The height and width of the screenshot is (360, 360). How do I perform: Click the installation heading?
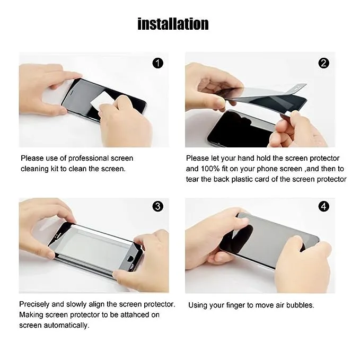click(x=173, y=24)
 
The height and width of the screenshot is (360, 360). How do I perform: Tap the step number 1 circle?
click(x=157, y=63)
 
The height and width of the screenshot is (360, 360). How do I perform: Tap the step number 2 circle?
click(x=324, y=63)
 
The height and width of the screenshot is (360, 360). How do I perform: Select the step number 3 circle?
click(x=157, y=206)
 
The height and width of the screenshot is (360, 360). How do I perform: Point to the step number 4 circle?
click(x=324, y=206)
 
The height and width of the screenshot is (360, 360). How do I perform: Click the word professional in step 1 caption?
click(x=89, y=159)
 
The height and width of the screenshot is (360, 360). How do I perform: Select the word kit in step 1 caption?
click(x=55, y=169)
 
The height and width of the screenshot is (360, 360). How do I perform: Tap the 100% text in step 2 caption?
click(x=210, y=169)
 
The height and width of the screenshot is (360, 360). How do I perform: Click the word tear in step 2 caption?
click(x=192, y=179)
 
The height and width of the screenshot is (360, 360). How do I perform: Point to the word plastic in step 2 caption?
click(x=242, y=179)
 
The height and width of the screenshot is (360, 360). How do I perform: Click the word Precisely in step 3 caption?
click(x=34, y=304)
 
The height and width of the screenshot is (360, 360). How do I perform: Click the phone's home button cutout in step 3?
click(x=130, y=259)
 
